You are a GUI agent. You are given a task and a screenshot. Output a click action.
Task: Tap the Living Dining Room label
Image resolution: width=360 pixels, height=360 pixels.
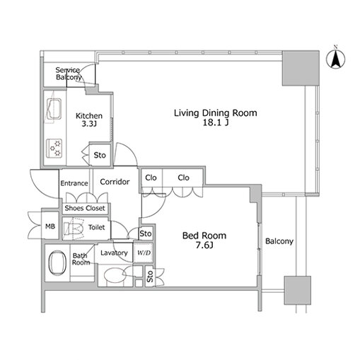pyautogui.click(x=216, y=113)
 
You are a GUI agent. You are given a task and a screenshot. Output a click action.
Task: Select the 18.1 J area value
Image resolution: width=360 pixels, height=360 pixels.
pyautogui.click(x=216, y=122)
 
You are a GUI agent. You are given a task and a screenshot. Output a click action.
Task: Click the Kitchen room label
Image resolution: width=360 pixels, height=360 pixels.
pyautogui.click(x=89, y=116)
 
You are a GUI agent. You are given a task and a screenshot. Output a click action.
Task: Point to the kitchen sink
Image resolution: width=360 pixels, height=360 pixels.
pyautogui.click(x=54, y=109)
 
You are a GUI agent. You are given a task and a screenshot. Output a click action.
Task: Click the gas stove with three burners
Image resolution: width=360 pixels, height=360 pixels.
pyautogui.click(x=54, y=149)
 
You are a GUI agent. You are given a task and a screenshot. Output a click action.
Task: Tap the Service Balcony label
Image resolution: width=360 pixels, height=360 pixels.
pyautogui.click(x=69, y=74)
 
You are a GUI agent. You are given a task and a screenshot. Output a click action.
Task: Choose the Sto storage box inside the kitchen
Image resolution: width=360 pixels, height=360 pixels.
pyautogui.click(x=100, y=155)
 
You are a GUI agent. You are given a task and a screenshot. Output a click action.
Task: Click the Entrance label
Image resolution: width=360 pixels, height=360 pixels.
pyautogui.click(x=74, y=183)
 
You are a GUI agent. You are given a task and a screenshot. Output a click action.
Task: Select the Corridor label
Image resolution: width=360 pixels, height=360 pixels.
pyautogui.click(x=115, y=182)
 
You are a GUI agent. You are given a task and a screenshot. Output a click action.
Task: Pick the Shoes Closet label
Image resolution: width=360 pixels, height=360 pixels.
pyautogui.click(x=85, y=208)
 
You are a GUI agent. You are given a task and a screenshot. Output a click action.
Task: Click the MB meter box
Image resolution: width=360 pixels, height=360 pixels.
pyautogui.click(x=50, y=226)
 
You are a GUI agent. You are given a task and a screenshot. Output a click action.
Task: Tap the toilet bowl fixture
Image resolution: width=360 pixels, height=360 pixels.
pyautogui.click(x=74, y=228)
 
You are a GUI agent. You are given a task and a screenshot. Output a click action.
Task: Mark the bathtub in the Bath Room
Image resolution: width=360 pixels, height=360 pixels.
pyautogui.click(x=57, y=263)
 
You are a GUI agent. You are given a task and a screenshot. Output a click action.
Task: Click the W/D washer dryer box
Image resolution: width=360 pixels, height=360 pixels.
pyautogui.click(x=144, y=253)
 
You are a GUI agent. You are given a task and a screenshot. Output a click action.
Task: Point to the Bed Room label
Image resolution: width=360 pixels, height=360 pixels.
pyautogui.click(x=204, y=236)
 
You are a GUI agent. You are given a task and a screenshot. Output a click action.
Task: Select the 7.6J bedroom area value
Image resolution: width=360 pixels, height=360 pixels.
pyautogui.click(x=204, y=245)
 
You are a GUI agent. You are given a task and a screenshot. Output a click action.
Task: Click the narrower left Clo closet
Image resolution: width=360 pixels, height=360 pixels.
pyautogui.click(x=151, y=178)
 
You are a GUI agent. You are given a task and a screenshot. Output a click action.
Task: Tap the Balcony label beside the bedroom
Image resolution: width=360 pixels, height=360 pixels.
pyautogui.click(x=279, y=241)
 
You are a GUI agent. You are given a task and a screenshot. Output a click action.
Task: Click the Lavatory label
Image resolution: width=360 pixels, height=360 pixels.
pyautogui.click(x=114, y=253)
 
